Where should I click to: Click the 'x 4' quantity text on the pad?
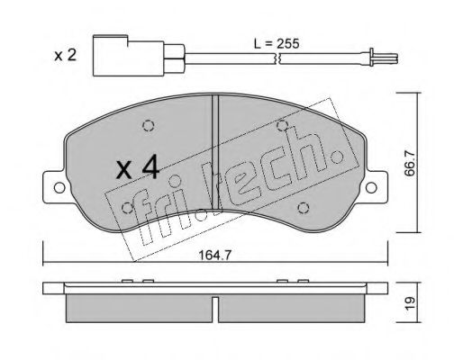pos(138,167)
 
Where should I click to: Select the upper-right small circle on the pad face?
pos(282,124)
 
